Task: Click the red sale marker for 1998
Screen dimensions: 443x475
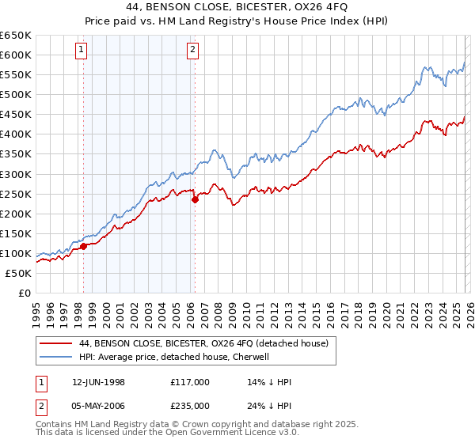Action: (x=83, y=246)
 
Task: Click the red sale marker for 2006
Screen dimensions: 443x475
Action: (x=195, y=199)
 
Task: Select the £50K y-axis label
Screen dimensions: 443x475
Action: (x=18, y=273)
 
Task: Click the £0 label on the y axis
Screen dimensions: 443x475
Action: (x=24, y=293)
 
